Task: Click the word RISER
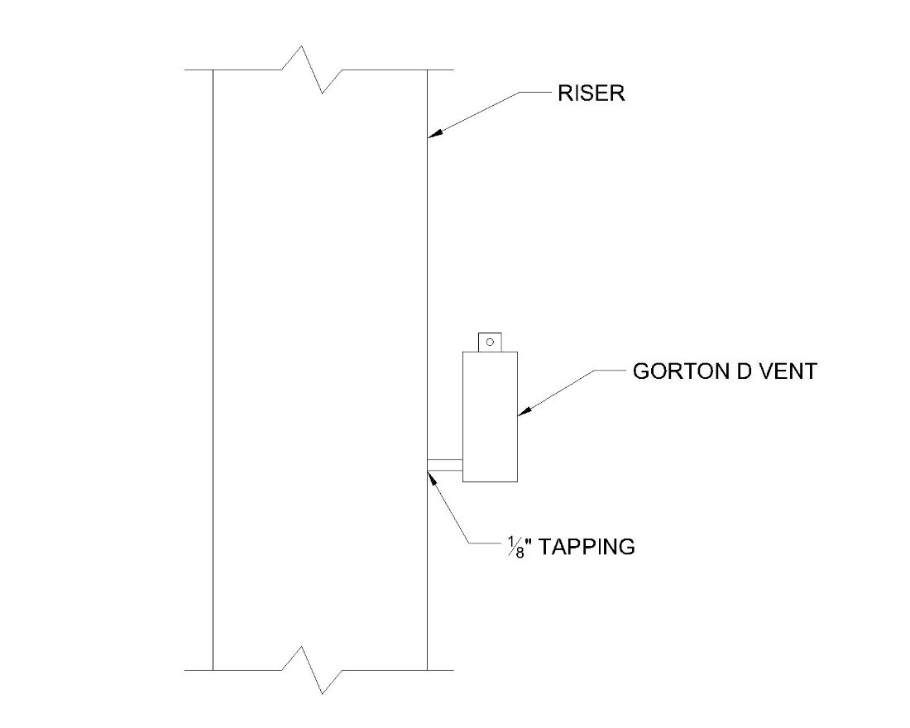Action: (x=591, y=93)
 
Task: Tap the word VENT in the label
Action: (x=786, y=371)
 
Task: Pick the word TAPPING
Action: (x=587, y=546)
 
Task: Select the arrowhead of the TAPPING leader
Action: (x=431, y=476)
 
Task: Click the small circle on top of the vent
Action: (x=490, y=341)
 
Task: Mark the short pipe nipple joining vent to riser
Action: (x=444, y=466)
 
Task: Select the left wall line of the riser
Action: (x=213, y=372)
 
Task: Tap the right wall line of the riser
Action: (x=427, y=290)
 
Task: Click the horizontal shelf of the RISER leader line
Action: (x=536, y=93)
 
